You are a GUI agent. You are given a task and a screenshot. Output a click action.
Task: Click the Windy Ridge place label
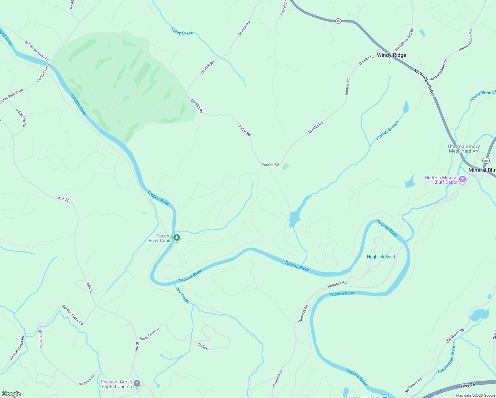[391, 55]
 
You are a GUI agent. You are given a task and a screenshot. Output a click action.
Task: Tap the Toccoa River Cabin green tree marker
[177, 237]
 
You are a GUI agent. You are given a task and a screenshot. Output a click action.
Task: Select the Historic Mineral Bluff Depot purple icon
[463, 180]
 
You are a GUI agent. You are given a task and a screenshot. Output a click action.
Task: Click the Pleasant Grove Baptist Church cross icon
[137, 384]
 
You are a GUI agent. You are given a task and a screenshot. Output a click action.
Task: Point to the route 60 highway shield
[338, 21]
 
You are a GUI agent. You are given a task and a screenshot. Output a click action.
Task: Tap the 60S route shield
[486, 161]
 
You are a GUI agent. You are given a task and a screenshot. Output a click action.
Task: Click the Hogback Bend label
[381, 257]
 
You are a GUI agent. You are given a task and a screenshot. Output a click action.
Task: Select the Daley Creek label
[182, 31]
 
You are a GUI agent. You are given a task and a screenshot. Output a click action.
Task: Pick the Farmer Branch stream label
[387, 130]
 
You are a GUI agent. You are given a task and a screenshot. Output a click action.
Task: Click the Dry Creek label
[182, 295]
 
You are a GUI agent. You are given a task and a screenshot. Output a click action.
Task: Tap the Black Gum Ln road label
[149, 334]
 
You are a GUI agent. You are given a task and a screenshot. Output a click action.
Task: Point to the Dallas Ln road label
[205, 347]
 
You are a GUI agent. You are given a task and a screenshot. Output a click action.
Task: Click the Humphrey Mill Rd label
[404, 39]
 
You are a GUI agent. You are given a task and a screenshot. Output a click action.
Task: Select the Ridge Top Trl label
[21, 117]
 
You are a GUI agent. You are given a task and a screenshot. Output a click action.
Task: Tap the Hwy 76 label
[468, 385]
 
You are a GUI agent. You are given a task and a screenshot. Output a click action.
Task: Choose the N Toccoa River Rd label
[37, 51]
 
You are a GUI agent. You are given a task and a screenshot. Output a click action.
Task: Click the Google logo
[11, 394]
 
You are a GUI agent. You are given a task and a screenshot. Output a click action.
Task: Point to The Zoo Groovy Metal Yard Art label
[463, 149]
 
